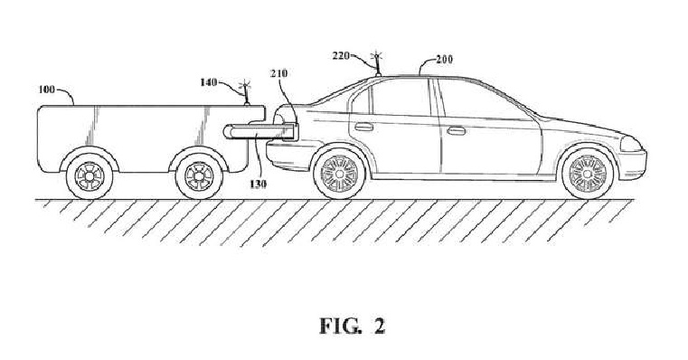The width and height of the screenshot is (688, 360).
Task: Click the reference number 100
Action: tap(46, 90)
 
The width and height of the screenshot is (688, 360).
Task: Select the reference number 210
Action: tap(278, 70)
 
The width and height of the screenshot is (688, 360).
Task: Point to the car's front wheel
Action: tap(586, 173)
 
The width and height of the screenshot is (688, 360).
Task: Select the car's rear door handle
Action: tap(363, 128)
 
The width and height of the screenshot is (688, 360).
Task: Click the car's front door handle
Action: tap(457, 131)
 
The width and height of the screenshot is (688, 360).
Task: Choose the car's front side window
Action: tap(476, 99)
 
